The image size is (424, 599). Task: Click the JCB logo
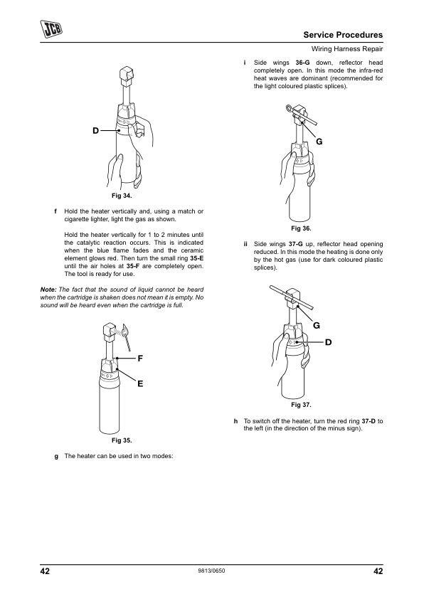point(51,28)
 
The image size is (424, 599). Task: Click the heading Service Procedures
point(343,35)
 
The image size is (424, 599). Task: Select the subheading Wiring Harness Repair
point(347,49)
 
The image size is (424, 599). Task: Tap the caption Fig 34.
point(122,196)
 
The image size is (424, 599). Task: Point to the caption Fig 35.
point(122,440)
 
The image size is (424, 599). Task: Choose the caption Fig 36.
point(301,228)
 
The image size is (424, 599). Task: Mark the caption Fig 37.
point(301,405)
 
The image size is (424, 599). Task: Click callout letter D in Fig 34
point(95,131)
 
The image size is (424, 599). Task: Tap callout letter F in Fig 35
point(140,359)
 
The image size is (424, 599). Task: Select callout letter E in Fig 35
point(140,383)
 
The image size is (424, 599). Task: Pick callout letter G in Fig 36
point(319,142)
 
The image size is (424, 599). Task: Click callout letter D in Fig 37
point(329,342)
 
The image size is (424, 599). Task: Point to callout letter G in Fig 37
point(317,326)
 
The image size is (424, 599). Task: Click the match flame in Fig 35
point(127,330)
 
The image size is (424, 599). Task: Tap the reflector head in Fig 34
point(126,76)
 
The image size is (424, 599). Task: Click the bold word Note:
point(48,290)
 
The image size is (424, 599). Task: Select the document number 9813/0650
point(211,571)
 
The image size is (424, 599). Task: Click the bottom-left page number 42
point(45,571)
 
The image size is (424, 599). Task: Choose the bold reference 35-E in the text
point(197,258)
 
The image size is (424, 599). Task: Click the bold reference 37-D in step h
point(369,421)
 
